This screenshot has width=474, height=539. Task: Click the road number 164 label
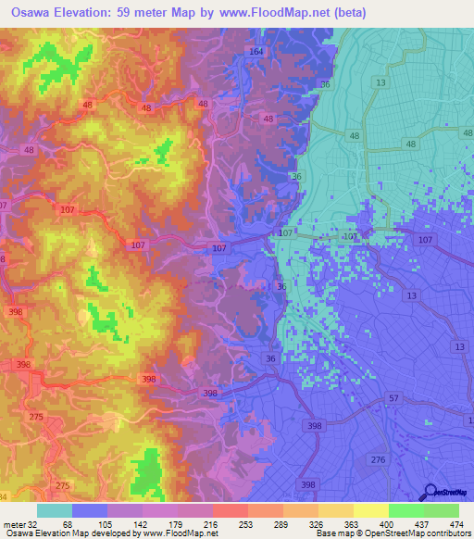pyautogui.click(x=256, y=52)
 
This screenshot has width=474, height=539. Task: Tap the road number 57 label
pyautogui.click(x=393, y=397)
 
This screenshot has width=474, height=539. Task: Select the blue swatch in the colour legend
pyautogui.click(x=89, y=510)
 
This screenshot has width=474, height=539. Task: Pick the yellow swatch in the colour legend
pyautogui.click(x=370, y=510)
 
